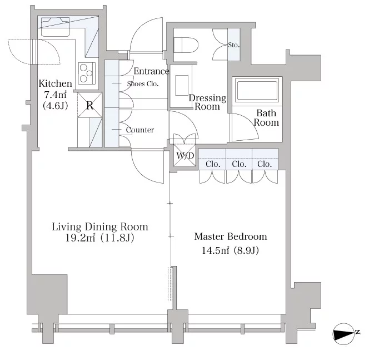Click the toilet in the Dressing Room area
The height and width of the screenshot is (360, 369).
click(x=186, y=45)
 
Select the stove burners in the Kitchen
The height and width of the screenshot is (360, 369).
click(x=87, y=73)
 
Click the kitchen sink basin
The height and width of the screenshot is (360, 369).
click(x=56, y=27)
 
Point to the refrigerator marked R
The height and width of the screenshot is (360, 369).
click(x=89, y=105)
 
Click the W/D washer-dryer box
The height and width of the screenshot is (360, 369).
click(x=184, y=155)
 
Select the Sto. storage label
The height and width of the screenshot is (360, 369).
click(x=234, y=45)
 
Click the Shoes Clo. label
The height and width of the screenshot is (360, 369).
click(x=143, y=83)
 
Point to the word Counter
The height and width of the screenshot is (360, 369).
click(x=140, y=130)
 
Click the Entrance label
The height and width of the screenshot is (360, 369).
click(x=151, y=71)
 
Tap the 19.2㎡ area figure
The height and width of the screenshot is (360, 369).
click(x=80, y=238)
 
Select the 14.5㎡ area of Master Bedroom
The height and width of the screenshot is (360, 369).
click(x=215, y=250)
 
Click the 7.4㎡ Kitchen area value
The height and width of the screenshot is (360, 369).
click(x=56, y=95)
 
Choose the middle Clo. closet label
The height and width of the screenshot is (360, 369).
click(x=239, y=164)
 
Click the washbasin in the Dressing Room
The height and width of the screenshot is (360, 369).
click(x=182, y=85)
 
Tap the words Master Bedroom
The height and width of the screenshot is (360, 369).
click(x=231, y=236)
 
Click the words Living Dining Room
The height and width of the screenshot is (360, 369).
click(x=100, y=226)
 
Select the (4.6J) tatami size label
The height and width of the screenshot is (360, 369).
click(x=56, y=106)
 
